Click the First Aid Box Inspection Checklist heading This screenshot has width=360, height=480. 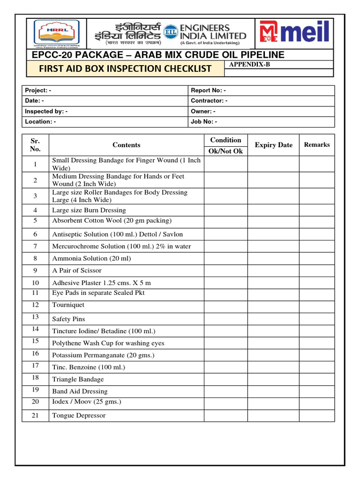(125, 69)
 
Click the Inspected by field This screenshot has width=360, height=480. (46, 112)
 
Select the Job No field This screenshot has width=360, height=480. (204, 122)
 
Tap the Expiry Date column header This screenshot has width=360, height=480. (273, 145)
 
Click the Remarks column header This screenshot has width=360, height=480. (317, 145)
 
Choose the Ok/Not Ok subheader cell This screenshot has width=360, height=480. (226, 151)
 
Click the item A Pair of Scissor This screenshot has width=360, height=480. (77, 270)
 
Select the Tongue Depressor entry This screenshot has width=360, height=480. (79, 415)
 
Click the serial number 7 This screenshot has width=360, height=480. (35, 246)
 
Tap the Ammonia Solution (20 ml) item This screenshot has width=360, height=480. (91, 258)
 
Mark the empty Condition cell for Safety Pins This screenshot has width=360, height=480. (226, 319)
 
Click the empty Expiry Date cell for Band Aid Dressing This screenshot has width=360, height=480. (273, 391)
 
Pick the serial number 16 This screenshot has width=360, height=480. (35, 354)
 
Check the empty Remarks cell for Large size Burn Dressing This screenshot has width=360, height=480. (317, 210)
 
